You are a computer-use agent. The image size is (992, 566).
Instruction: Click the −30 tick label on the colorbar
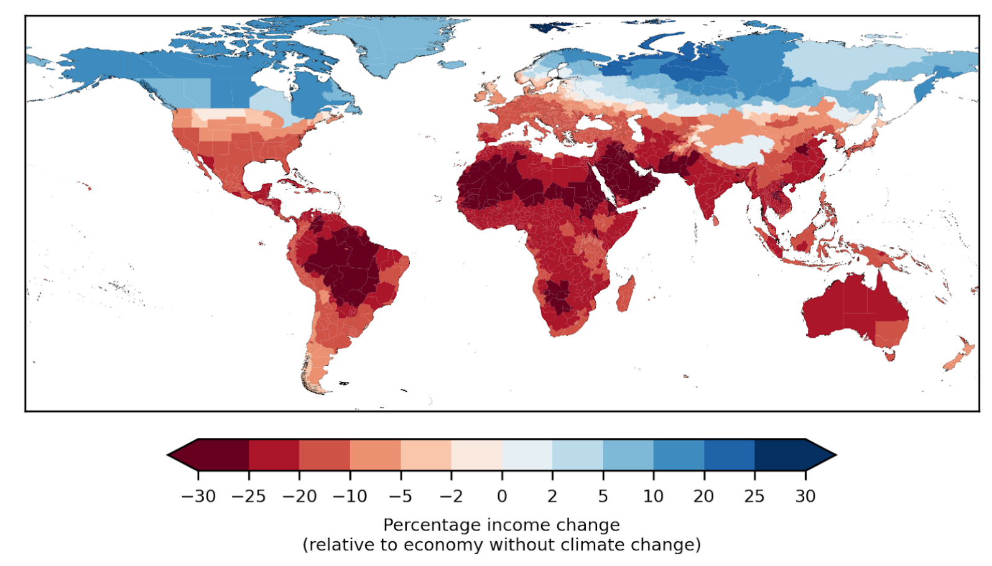pyautogui.click(x=198, y=496)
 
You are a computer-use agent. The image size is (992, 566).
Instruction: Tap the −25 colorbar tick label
pyautogui.click(x=249, y=496)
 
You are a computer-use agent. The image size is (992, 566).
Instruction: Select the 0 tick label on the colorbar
pyautogui.click(x=502, y=496)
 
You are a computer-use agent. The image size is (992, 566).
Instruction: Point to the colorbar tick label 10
pyautogui.click(x=654, y=496)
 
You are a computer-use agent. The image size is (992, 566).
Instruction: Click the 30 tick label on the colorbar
pyautogui.click(x=805, y=496)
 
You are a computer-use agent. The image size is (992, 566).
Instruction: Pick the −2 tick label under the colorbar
pyautogui.click(x=451, y=496)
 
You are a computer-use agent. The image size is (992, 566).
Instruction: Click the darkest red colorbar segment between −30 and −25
pyautogui.click(x=224, y=455)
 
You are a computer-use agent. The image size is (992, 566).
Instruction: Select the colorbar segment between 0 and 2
pyautogui.click(x=527, y=455)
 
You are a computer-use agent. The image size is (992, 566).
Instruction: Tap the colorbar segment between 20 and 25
pyautogui.click(x=730, y=455)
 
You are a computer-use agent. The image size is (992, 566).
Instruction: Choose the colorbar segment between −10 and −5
pyautogui.click(x=376, y=455)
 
